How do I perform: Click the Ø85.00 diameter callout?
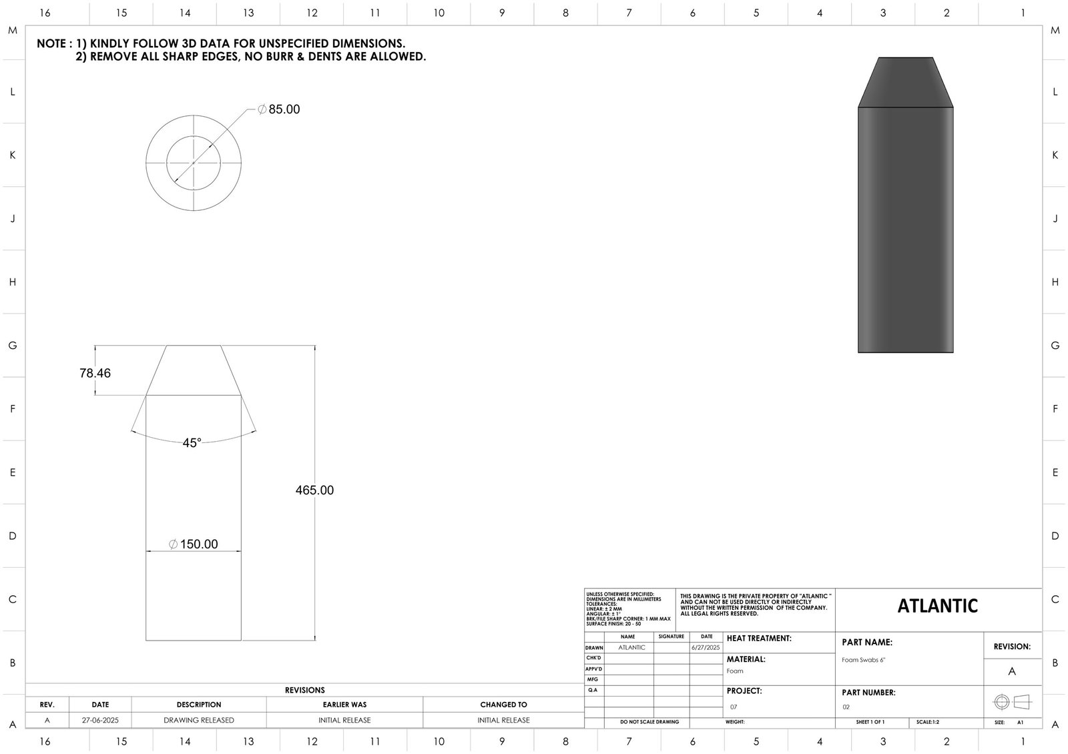coord(279,109)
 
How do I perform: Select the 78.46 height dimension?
coord(95,373)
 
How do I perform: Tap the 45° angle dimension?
coord(192,443)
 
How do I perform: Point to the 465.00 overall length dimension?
coord(314,490)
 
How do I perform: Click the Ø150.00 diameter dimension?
coord(194,544)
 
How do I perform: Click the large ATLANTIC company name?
coord(937,606)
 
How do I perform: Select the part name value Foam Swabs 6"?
coord(863,660)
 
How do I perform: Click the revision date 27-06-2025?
coord(100,721)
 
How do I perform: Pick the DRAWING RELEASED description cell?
coord(198,721)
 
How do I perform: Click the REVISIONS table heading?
coord(304,690)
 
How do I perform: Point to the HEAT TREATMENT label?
coord(759,639)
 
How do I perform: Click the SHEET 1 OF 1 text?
coord(870,723)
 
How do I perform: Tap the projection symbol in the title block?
coord(1012,702)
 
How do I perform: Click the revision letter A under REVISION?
coord(1012,671)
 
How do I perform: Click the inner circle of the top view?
coord(194,144)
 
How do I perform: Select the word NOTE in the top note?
coord(51,44)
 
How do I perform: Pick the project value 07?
coord(734,707)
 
